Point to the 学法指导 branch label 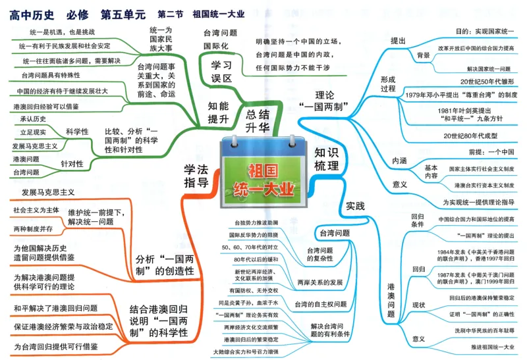tap(196, 176)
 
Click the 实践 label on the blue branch tap(355, 206)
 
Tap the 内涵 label tap(399, 161)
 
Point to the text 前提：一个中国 tap(487, 153)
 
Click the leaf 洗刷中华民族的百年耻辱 tap(474, 330)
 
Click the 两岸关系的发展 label tap(319, 282)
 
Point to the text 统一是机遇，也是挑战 tap(63, 32)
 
